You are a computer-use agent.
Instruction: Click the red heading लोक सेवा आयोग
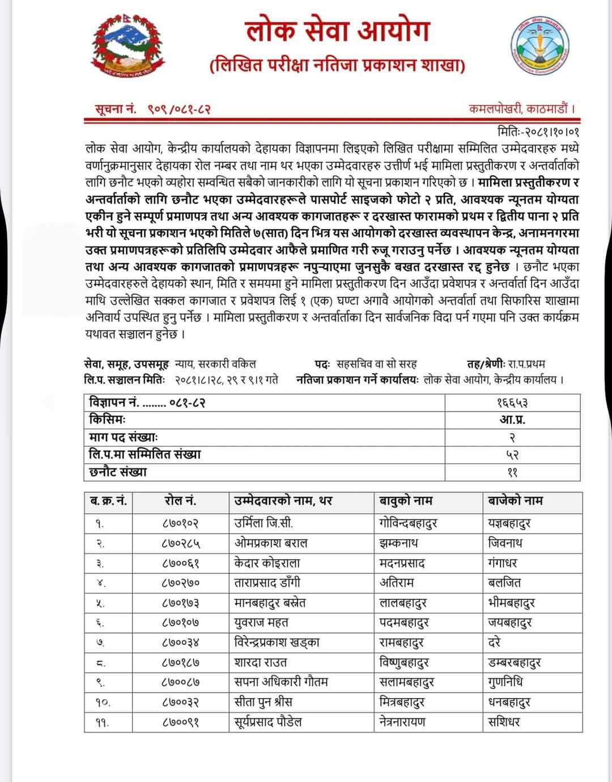[x=338, y=32]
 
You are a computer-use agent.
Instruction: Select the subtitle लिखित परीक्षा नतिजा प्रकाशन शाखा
[x=338, y=66]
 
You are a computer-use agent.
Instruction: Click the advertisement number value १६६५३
[x=512, y=403]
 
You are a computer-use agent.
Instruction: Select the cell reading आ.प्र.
[x=512, y=420]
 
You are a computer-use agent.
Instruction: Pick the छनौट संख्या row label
[x=118, y=472]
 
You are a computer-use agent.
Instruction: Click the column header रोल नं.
[x=180, y=501]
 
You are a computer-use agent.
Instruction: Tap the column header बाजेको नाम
[x=515, y=501]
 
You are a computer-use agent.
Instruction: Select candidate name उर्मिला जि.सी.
[x=263, y=523]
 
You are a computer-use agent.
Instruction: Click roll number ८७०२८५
[x=180, y=543]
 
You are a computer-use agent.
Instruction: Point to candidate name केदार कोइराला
[x=267, y=563]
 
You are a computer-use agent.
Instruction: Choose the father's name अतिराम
[x=397, y=583]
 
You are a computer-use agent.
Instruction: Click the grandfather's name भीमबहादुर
[x=511, y=603]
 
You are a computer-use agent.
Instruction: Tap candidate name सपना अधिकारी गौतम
[x=281, y=682]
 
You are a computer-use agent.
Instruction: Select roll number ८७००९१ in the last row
[x=180, y=722]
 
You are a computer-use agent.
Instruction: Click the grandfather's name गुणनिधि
[x=505, y=682]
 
